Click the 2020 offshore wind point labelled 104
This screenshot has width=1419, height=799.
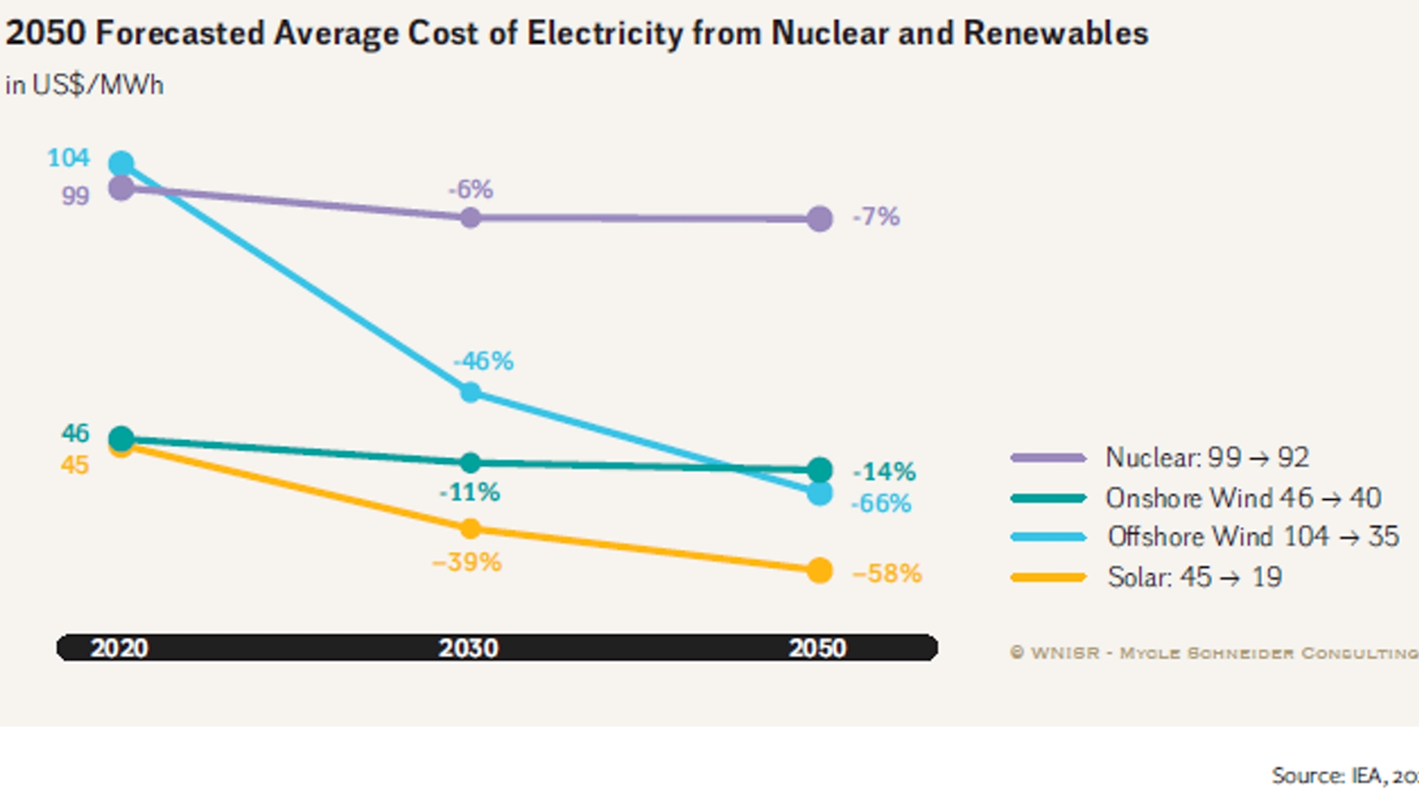122,163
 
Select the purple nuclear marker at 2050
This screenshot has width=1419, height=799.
819,219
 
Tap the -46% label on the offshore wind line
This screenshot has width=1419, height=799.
483,361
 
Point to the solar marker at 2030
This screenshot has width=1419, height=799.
470,529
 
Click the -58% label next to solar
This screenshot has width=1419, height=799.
887,574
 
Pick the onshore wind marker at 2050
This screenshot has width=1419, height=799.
819,470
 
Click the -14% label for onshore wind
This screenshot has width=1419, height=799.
884,472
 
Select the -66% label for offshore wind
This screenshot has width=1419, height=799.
881,504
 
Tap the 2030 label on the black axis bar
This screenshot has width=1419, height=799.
468,648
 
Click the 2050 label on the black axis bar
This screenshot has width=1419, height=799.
817,648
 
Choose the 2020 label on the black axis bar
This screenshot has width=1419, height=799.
119,648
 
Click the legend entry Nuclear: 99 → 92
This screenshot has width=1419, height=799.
1206,458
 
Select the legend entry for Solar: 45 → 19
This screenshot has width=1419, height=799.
1194,578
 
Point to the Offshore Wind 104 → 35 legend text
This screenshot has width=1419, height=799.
1253,537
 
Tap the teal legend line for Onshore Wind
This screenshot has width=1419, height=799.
1048,498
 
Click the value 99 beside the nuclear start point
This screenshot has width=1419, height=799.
75,196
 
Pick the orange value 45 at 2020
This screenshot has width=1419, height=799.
75,465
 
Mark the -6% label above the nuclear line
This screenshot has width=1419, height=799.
470,190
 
